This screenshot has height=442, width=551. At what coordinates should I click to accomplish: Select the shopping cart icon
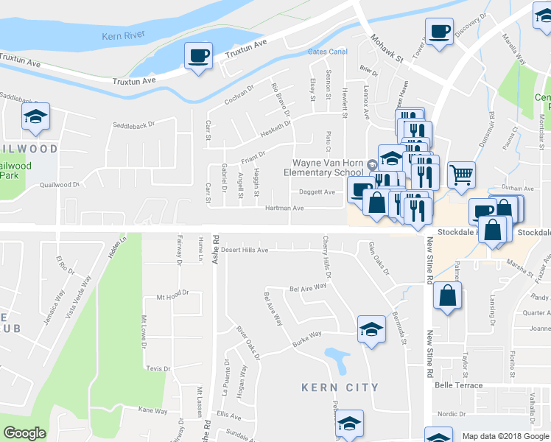click(x=461, y=175)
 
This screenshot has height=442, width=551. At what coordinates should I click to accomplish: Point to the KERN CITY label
click(x=340, y=387)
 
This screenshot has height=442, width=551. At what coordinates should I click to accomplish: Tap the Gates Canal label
click(x=327, y=52)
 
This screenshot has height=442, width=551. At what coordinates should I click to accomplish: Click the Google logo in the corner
click(x=24, y=433)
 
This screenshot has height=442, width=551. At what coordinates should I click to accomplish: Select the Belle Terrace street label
click(x=458, y=385)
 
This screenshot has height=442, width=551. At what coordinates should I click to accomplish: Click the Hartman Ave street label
click(x=284, y=208)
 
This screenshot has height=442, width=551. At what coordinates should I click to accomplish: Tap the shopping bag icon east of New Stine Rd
click(x=447, y=296)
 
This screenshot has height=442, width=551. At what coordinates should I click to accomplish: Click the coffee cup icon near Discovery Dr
click(x=440, y=32)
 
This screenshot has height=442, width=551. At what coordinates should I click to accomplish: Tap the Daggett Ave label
click(x=317, y=192)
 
